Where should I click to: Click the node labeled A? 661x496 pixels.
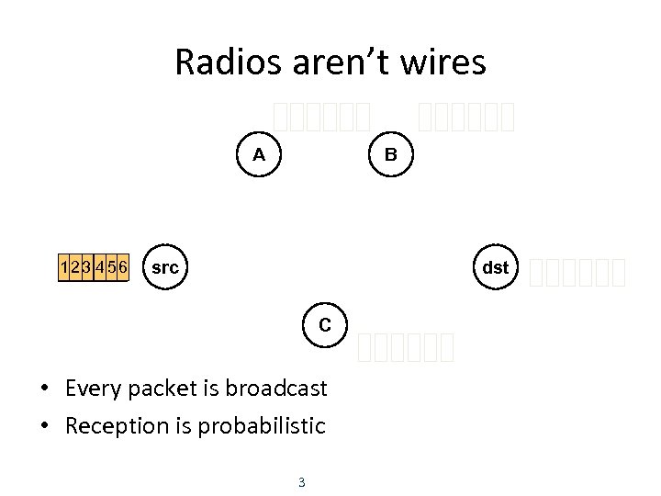click(260, 154)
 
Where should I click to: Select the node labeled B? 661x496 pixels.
click(391, 154)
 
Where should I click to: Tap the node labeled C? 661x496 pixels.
click(325, 324)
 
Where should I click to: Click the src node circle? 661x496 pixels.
click(165, 268)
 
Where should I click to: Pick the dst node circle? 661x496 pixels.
click(496, 268)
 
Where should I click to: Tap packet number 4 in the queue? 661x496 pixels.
click(98, 268)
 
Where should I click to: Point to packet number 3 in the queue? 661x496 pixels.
click(86, 268)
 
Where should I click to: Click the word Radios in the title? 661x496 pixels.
click(220, 62)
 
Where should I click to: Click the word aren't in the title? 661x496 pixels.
click(331, 62)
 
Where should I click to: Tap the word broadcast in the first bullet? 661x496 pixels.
click(281, 389)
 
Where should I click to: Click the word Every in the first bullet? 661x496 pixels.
click(92, 389)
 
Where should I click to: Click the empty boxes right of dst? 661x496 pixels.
click(578, 272)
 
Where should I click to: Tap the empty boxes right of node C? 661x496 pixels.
click(407, 346)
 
